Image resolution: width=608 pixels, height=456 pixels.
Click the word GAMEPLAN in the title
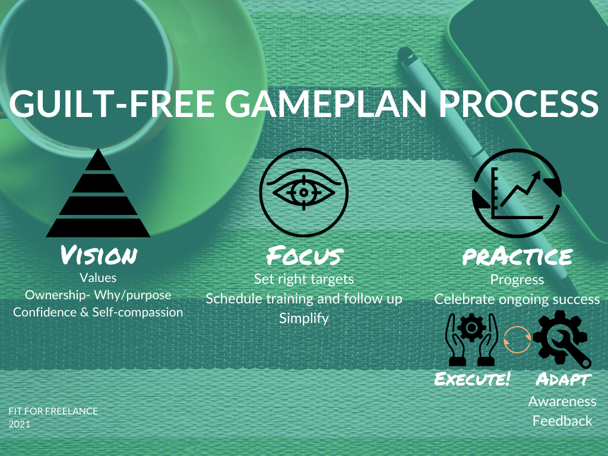(326, 103)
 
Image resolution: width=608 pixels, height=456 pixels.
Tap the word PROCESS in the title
(519, 103)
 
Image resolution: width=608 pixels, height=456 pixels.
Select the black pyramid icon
(98, 193)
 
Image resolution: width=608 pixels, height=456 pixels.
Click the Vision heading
(99, 255)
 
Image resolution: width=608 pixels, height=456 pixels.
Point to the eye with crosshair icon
(303, 192)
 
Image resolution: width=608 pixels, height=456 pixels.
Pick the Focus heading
(305, 255)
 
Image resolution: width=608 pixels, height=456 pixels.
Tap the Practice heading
(517, 256)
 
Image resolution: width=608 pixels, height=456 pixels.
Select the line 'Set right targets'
(304, 279)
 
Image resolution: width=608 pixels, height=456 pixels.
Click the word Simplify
(304, 318)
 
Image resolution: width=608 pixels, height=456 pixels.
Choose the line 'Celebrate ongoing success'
(517, 299)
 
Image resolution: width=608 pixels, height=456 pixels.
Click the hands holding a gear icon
(472, 340)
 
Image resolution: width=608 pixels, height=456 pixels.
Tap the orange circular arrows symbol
(517, 340)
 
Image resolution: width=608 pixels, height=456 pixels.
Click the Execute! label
(472, 379)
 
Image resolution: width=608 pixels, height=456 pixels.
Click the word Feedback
(562, 421)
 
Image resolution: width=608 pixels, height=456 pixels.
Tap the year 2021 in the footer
(20, 424)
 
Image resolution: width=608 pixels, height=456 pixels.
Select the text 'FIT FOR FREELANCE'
(53, 411)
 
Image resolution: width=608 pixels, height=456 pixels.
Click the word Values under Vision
(98, 278)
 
